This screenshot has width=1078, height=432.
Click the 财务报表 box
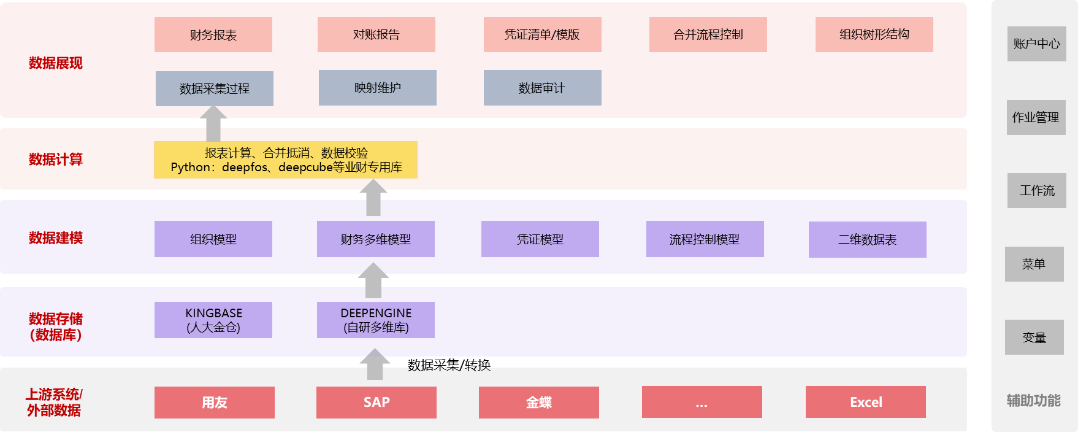[x=213, y=35]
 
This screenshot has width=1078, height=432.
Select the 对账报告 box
[x=376, y=35]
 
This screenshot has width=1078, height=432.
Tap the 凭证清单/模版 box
[x=542, y=35]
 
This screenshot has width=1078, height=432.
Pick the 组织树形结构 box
[x=874, y=35]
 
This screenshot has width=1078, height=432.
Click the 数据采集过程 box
[x=214, y=89]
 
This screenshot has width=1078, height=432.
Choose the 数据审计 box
[x=542, y=88]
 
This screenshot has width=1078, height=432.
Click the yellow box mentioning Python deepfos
[x=286, y=160]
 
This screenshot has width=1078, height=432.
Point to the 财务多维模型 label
[x=376, y=239]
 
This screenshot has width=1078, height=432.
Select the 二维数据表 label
[x=867, y=239]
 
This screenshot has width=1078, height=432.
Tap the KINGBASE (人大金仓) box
[x=213, y=320]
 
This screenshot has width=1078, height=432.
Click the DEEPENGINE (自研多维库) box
[x=376, y=320]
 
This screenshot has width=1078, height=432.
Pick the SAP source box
[x=376, y=403]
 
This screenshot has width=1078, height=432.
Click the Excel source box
[x=865, y=403]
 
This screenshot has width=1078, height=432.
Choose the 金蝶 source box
[x=538, y=403]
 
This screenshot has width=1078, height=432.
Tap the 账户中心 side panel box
[x=1036, y=44]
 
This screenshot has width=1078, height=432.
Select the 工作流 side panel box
[x=1036, y=191]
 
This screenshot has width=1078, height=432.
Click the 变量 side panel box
[x=1034, y=337]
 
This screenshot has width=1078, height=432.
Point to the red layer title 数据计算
[x=55, y=160]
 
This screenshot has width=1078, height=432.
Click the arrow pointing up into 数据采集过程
[x=213, y=123]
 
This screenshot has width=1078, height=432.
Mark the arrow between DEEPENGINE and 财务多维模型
[x=373, y=280]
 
